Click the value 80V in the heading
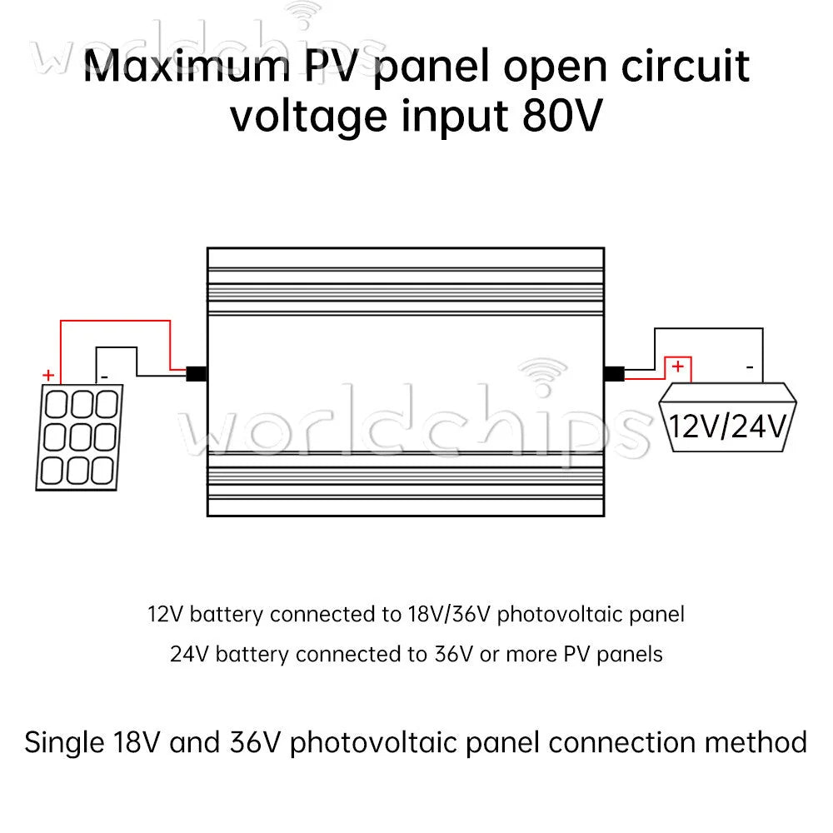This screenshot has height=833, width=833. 562,116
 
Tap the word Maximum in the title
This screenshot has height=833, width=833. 187,66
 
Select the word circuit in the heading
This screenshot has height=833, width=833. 686,66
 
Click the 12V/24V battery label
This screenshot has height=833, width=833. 727,426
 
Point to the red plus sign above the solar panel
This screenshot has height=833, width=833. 48,375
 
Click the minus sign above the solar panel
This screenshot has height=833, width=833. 104,377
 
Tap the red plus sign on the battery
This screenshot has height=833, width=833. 677,366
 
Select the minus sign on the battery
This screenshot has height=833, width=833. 750,367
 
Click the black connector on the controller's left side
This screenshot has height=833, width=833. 196,373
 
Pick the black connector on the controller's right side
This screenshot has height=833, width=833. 614,373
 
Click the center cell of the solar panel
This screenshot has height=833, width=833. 80,436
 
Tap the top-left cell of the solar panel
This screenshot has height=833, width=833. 57,404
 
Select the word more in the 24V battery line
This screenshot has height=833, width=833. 530,655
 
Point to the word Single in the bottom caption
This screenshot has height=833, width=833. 64,742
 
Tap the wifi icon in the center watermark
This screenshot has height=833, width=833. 542,377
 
